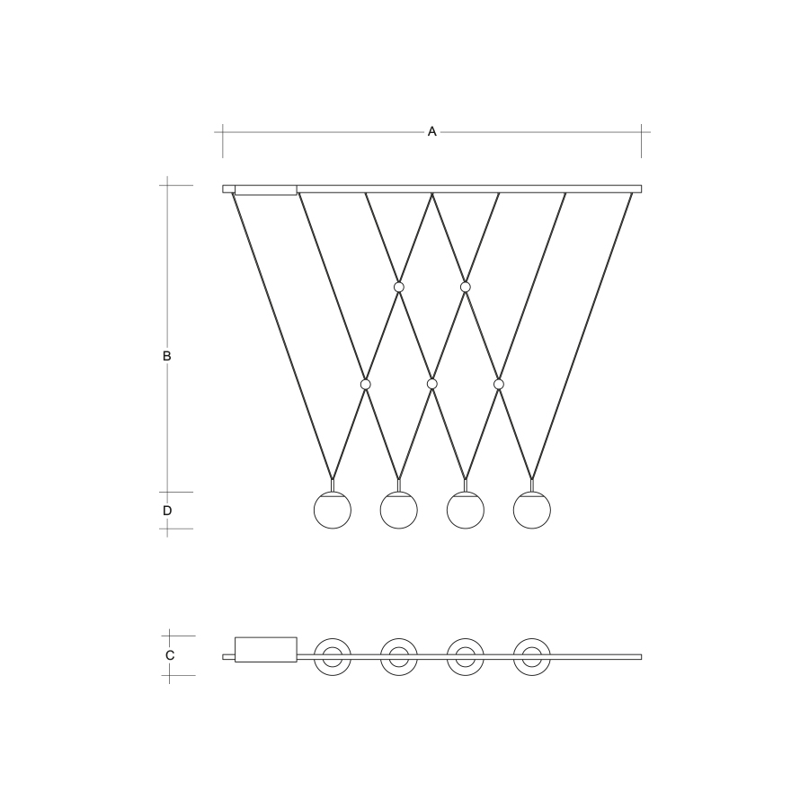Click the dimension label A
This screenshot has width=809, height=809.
[431, 132]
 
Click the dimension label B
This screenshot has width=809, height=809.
[166, 356]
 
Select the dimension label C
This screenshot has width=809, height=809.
[170, 655]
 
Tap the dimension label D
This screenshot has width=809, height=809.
[167, 511]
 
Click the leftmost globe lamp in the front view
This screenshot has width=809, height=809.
[333, 510]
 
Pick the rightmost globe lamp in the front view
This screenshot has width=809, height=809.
[532, 510]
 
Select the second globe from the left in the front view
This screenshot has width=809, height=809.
[399, 510]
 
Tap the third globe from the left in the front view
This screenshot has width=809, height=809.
[466, 510]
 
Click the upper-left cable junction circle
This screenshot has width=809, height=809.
[399, 287]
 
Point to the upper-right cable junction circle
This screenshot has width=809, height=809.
[466, 287]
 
